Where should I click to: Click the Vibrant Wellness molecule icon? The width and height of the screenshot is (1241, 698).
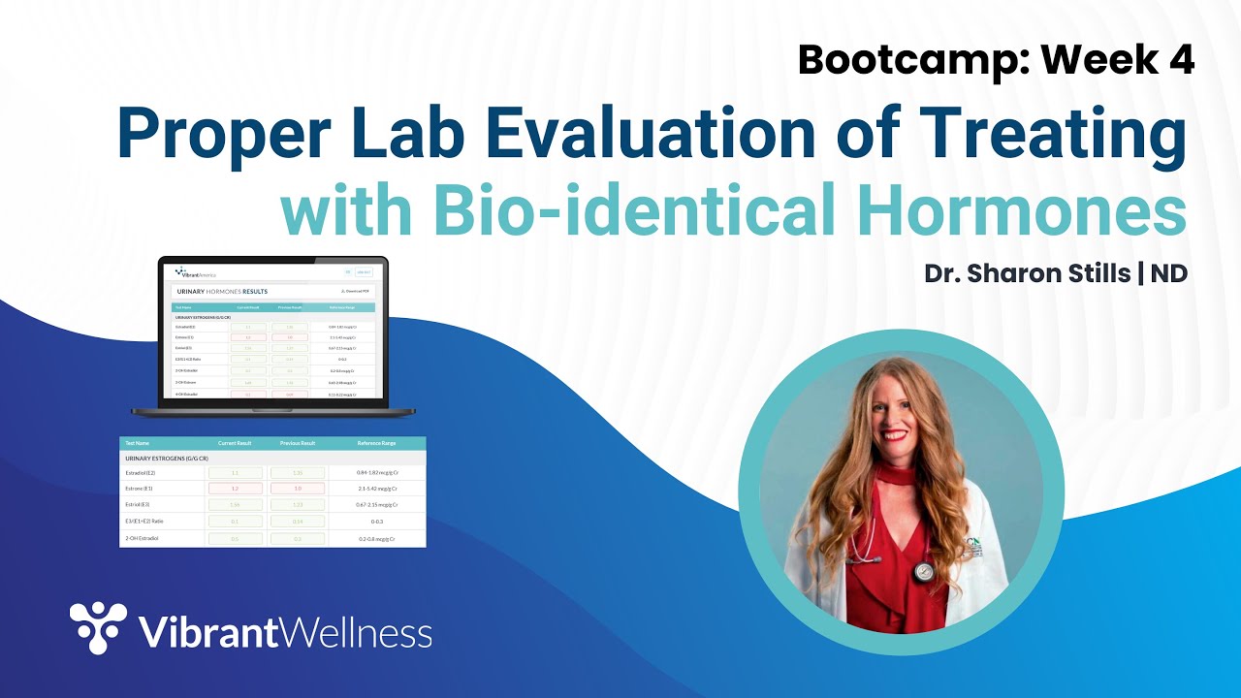point(98,627)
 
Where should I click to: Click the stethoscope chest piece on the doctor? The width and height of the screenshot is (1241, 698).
point(923,572)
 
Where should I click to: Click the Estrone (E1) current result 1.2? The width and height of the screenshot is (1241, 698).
point(234,489)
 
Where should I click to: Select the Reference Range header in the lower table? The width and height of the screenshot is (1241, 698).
point(376,443)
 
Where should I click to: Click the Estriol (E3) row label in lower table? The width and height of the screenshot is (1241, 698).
point(140,505)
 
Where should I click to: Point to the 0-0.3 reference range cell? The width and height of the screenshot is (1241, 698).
point(376,522)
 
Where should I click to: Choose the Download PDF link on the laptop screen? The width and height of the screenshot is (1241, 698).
point(355,291)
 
